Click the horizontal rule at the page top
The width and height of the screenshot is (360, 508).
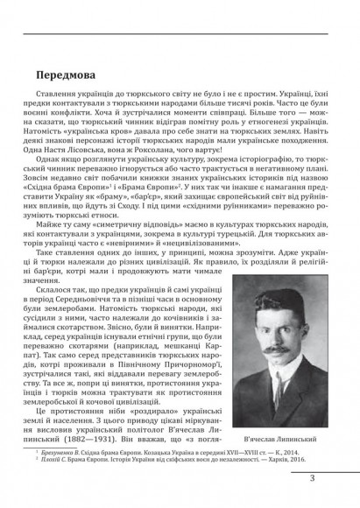(180, 36)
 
